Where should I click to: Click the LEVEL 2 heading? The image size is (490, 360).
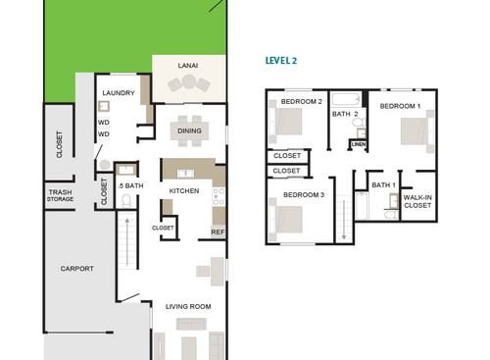pyautogui.click(x=282, y=60)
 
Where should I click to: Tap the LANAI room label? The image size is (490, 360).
pyautogui.click(x=187, y=66)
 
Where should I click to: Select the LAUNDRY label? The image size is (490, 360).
pyautogui.click(x=119, y=93)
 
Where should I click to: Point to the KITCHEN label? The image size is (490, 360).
pyautogui.click(x=184, y=190)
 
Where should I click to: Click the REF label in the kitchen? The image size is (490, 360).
pyautogui.click(x=218, y=232)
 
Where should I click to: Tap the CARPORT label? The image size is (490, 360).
pyautogui.click(x=76, y=268)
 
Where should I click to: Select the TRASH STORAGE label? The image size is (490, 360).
pyautogui.click(x=60, y=195)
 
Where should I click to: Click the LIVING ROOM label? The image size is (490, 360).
pyautogui.click(x=187, y=307)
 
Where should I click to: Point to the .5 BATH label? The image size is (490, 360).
pyautogui.click(x=130, y=185)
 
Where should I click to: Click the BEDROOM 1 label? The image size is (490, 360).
pyautogui.click(x=400, y=105)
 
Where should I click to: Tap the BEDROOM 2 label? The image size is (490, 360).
pyautogui.click(x=301, y=101)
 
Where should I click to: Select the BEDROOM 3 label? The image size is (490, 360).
pyautogui.click(x=303, y=194)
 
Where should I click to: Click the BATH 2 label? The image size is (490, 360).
pyautogui.click(x=345, y=114)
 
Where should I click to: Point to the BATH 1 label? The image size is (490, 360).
pyautogui.click(x=383, y=184)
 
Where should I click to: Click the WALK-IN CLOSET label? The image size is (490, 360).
pyautogui.click(x=417, y=201)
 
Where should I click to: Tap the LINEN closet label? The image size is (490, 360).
pyautogui.click(x=359, y=144)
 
